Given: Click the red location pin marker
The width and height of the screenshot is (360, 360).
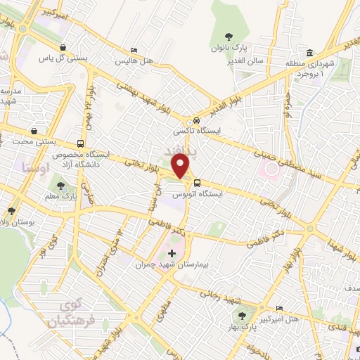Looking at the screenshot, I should pyautogui.click(x=181, y=167).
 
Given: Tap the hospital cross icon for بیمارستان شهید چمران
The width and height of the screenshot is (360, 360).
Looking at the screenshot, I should pyautogui.click(x=172, y=252).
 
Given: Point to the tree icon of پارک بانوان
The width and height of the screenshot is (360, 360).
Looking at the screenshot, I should pyautogui.click(x=228, y=37).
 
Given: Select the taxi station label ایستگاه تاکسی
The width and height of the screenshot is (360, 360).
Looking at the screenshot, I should pyautogui.click(x=200, y=131).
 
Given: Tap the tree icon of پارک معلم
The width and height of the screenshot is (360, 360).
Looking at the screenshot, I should pyautogui.click(x=60, y=186).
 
